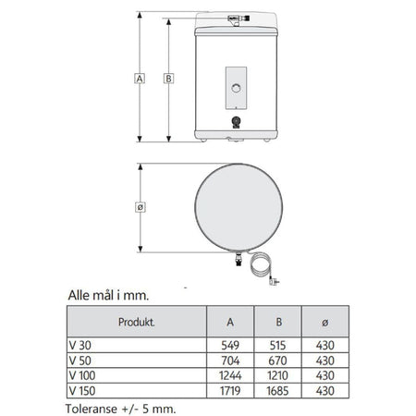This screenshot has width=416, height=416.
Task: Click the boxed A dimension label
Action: (x=140, y=79)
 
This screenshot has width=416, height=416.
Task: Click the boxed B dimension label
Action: (x=168, y=79)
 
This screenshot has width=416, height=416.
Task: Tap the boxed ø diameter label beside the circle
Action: (x=141, y=207)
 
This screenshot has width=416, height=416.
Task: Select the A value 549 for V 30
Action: (x=230, y=345)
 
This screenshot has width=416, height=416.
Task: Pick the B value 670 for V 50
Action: (x=277, y=361)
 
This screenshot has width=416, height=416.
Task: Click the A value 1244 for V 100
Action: (x=230, y=375)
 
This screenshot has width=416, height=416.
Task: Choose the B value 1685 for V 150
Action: (x=277, y=391)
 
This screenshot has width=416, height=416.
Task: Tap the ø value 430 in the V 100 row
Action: (x=325, y=375)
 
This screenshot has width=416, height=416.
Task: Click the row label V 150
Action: (x=82, y=391)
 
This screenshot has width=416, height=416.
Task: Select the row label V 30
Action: (x=80, y=345)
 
